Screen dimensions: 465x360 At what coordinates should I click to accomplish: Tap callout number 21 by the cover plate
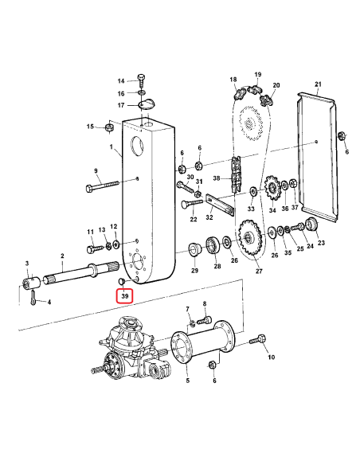(317, 84)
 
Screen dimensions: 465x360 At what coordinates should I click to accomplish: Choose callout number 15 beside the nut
(91, 127)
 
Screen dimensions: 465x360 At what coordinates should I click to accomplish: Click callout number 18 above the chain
(233, 80)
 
